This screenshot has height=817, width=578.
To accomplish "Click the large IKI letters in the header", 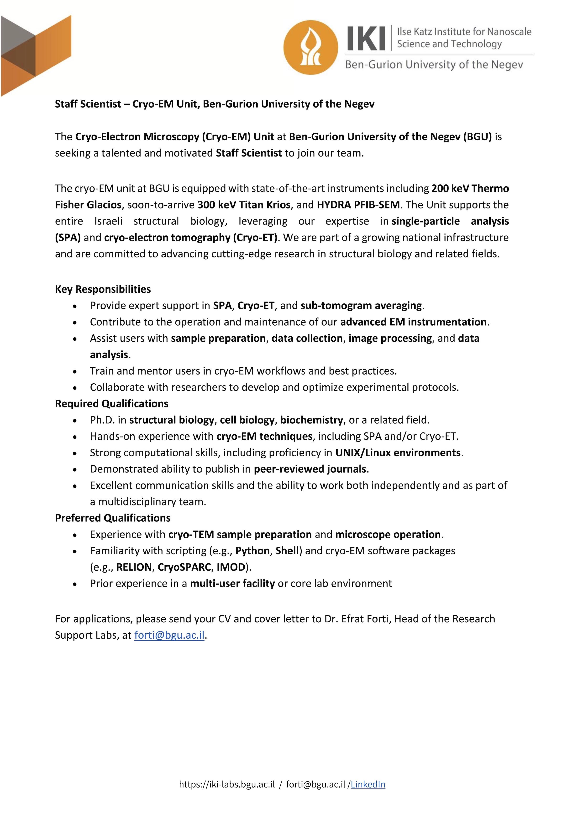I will coord(366,38).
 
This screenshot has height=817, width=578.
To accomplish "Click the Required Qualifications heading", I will coord(111,404).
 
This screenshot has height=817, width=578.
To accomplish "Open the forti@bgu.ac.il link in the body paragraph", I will coord(169,635).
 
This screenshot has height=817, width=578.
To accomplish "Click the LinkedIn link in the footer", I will coord(368,794).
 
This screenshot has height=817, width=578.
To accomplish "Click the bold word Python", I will coord(252,551).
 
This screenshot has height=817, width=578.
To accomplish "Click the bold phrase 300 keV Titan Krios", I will coord(244,205).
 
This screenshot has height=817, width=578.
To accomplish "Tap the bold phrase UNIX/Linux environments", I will coord(398,453).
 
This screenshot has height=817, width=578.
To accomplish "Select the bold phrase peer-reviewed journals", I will coord(310,469).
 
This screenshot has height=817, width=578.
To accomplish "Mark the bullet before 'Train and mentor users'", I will coord(74,371).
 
